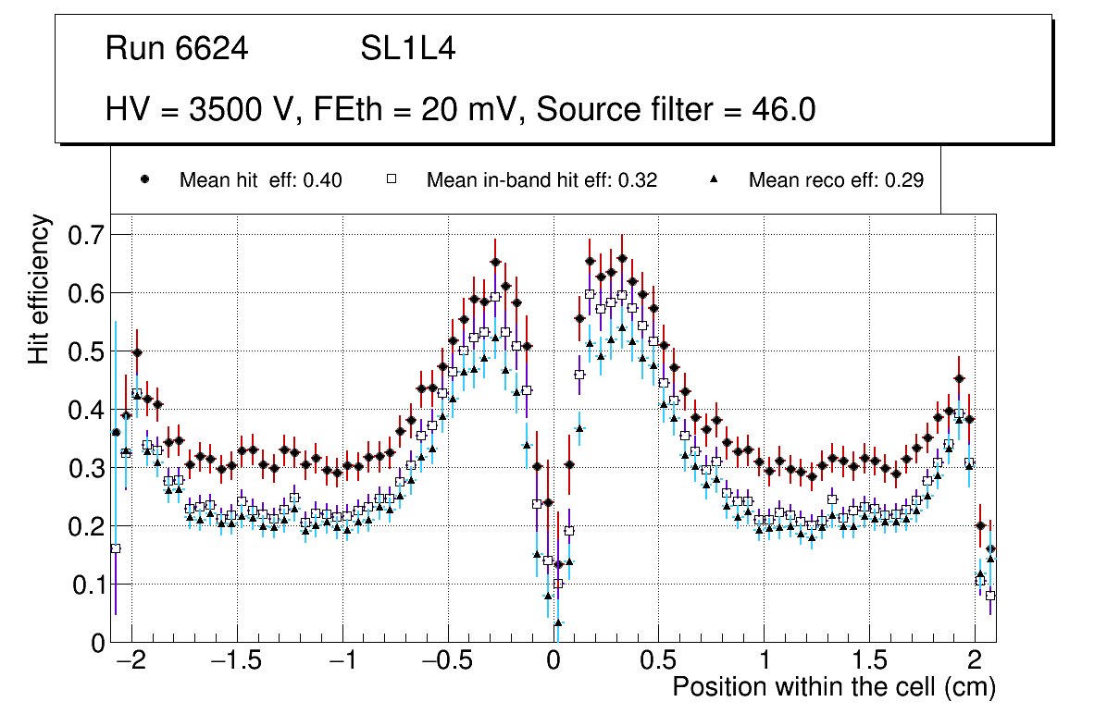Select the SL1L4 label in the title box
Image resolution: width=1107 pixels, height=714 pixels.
407,49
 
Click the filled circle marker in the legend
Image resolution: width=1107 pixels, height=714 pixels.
144,179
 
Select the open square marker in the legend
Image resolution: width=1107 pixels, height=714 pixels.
391,179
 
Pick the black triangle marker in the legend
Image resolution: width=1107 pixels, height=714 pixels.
714,179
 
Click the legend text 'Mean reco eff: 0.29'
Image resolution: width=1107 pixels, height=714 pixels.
836,180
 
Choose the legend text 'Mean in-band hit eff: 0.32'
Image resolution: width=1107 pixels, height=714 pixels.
541,180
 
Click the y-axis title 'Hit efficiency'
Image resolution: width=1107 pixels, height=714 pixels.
40,289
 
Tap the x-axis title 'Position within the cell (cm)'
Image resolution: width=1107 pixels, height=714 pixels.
834,688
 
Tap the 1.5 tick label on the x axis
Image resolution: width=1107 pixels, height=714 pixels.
869,662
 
